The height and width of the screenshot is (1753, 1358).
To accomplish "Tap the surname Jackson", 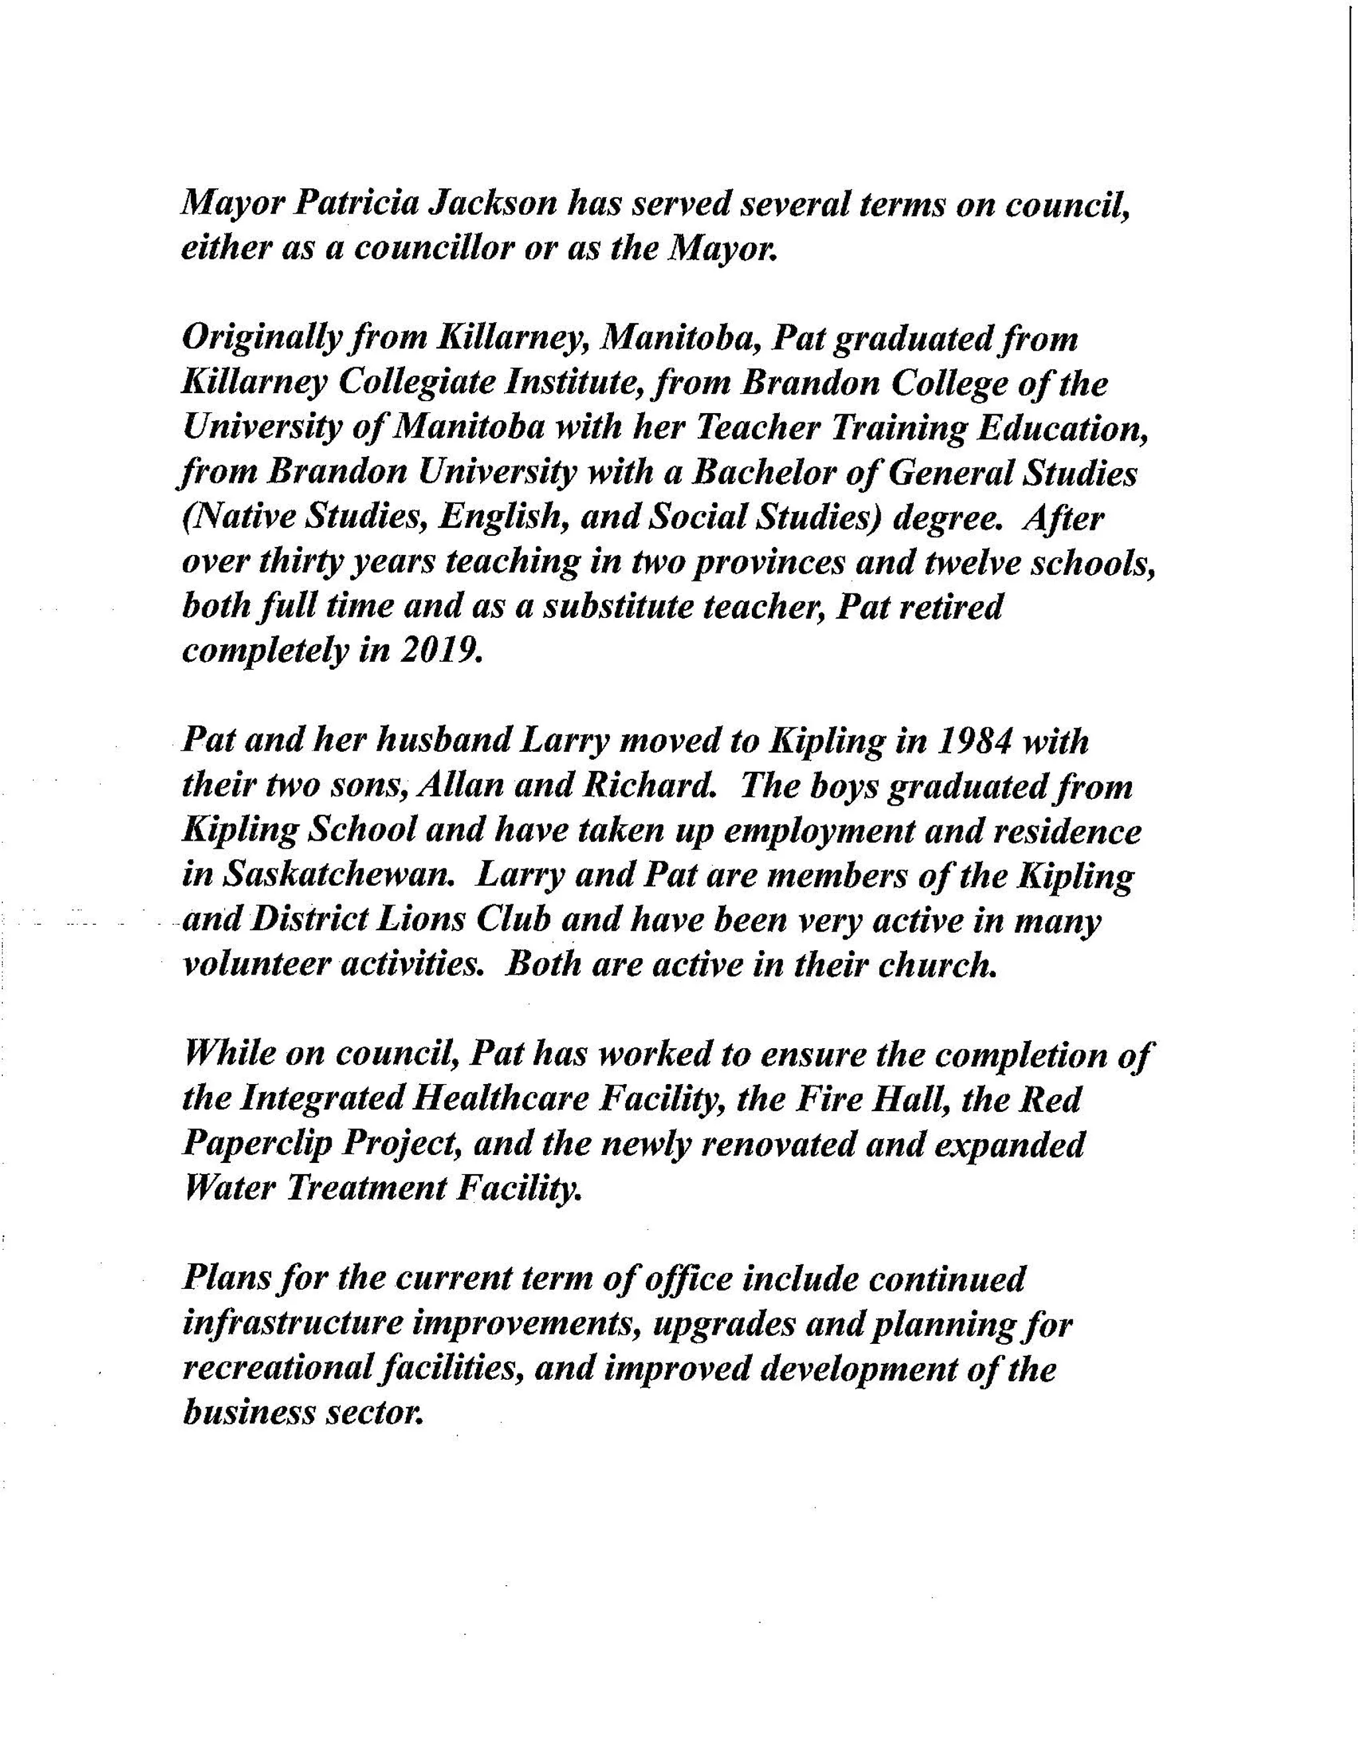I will [x=493, y=203].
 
